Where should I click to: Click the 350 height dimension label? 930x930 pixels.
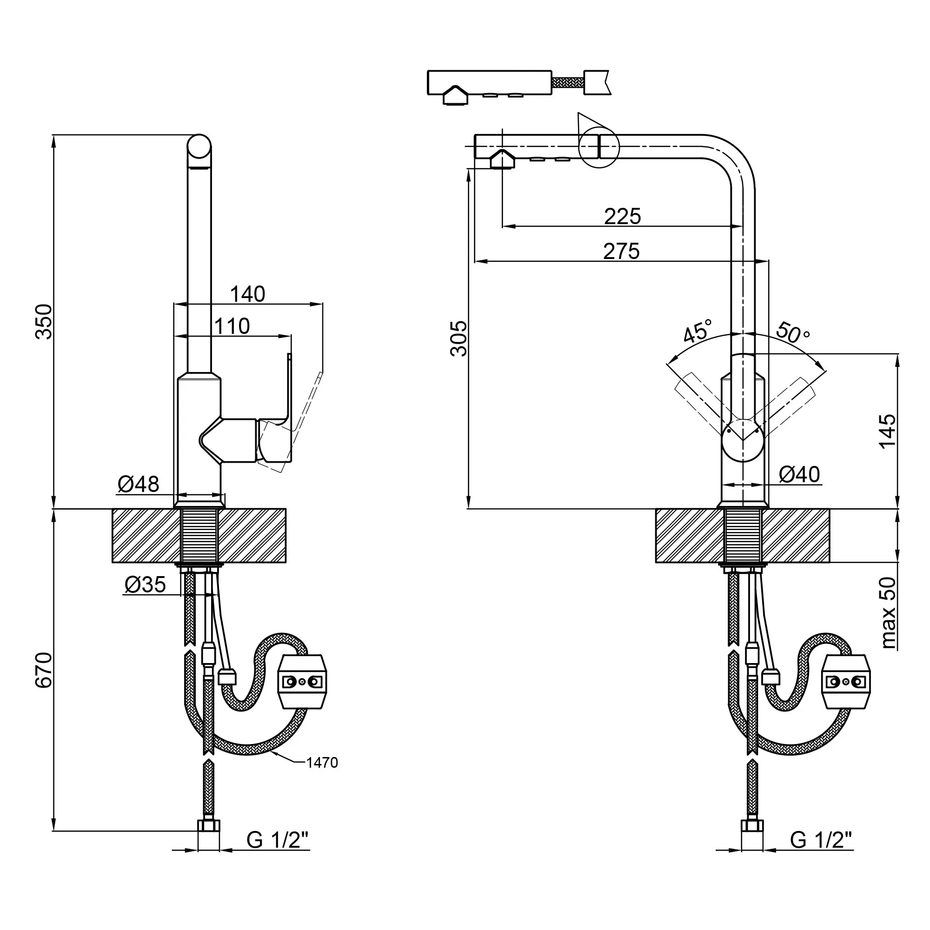point(44,322)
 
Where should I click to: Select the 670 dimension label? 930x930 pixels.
point(44,670)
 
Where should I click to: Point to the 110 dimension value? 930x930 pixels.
point(232,326)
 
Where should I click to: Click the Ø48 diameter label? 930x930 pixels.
point(139,484)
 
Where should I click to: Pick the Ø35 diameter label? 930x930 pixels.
point(145,585)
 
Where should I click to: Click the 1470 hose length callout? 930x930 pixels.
point(322,763)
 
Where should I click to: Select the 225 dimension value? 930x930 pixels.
point(623,217)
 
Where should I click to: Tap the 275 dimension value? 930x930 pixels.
point(621,251)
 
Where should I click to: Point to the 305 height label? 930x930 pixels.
point(459,339)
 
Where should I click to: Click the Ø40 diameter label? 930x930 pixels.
point(799,475)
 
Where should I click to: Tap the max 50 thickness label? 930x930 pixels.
point(889,613)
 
